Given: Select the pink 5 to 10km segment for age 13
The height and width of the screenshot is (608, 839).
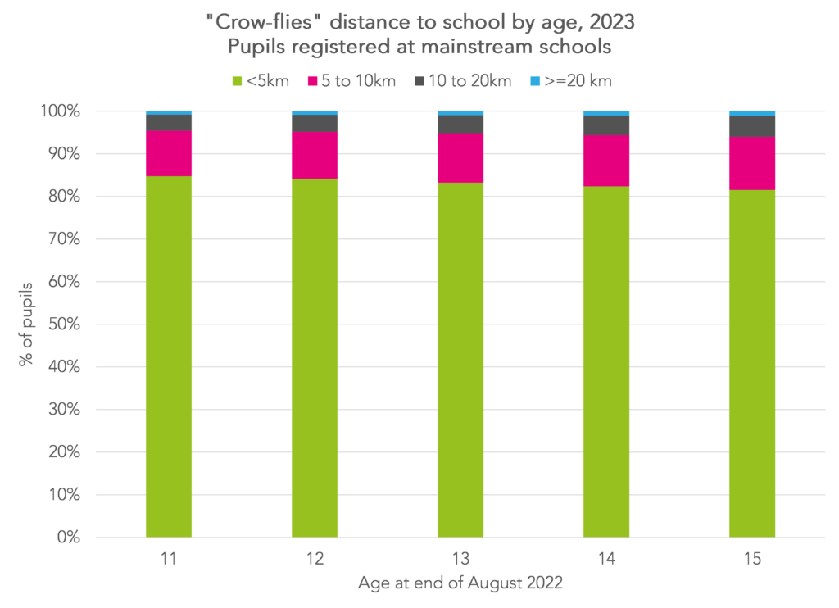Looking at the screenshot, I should point(460,157).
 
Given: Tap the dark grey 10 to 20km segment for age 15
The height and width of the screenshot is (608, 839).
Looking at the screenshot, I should point(752,126).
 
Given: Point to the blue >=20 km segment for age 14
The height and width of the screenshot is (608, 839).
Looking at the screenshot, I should point(606,113).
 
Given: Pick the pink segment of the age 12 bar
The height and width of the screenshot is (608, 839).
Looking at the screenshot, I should point(315,155).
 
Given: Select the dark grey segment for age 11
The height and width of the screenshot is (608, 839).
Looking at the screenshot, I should point(169,122).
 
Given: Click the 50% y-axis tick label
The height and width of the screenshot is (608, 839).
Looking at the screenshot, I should point(71,324).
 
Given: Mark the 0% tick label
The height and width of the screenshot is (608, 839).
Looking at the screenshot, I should point(75,538).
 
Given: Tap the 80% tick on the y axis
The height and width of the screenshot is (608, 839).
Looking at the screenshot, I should point(71,197).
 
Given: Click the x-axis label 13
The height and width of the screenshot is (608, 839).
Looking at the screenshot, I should point(460,560).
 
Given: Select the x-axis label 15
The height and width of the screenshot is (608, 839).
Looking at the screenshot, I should point(752,560).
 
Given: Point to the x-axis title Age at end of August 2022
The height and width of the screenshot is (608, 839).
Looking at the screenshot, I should point(460,584).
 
